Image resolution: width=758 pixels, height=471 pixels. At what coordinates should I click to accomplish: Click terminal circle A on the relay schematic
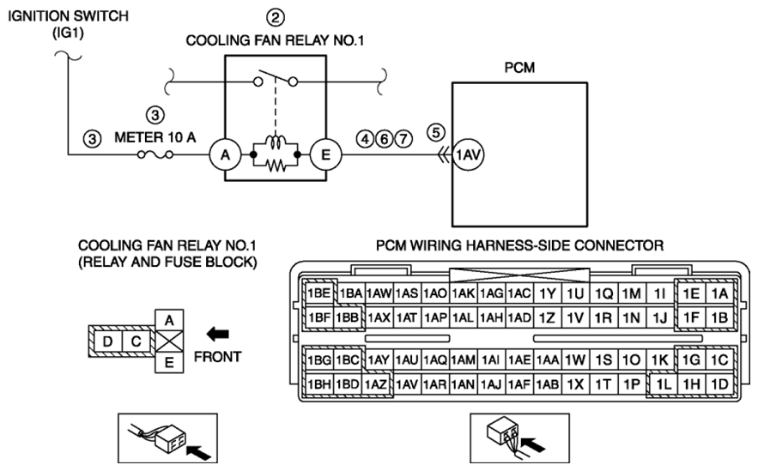(225, 155)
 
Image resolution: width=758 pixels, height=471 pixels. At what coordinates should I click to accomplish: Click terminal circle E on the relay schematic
(326, 155)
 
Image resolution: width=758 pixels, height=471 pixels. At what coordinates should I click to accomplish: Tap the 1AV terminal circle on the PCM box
(468, 155)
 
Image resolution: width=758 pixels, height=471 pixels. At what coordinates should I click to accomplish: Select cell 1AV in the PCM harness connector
(407, 384)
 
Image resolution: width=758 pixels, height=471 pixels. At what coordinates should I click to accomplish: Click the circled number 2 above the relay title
(276, 17)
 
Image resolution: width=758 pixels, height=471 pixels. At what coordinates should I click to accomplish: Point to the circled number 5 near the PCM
(436, 132)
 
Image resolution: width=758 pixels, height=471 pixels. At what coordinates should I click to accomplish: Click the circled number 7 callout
(403, 139)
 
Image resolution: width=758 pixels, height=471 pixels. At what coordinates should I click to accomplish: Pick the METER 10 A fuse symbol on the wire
(155, 155)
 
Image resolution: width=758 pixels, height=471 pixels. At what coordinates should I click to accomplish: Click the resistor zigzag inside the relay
(276, 166)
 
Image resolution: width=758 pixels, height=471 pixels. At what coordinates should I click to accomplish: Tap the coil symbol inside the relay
(276, 143)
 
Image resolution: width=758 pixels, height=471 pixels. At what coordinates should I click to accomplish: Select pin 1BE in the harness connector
(319, 293)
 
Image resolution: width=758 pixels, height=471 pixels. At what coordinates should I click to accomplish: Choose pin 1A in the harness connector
(720, 293)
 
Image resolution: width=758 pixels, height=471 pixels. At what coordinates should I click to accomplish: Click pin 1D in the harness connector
(720, 384)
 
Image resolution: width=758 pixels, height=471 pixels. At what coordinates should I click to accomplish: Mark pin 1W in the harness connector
(575, 359)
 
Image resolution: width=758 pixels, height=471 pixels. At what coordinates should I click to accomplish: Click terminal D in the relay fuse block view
(107, 341)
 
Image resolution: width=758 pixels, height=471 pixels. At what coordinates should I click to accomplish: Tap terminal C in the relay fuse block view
(136, 341)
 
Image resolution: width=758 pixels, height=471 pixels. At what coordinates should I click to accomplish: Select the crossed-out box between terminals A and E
(169, 341)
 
